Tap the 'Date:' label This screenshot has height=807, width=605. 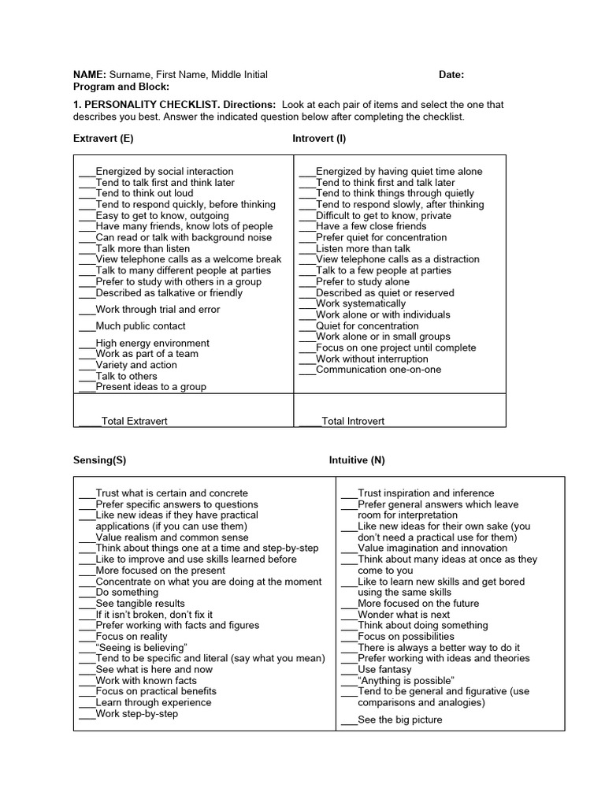(x=451, y=75)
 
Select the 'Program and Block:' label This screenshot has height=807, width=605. (x=121, y=87)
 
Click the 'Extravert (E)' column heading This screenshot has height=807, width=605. (x=103, y=138)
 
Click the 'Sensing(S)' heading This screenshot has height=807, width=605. (x=99, y=460)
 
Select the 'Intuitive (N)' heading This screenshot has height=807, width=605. (x=357, y=460)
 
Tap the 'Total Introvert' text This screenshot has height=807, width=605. (x=353, y=422)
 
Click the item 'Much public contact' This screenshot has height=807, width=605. (x=140, y=326)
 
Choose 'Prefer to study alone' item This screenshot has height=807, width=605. (x=362, y=281)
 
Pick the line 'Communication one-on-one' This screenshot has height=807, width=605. (x=378, y=370)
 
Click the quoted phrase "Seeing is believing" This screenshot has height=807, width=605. (x=141, y=648)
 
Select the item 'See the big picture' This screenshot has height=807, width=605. (x=399, y=720)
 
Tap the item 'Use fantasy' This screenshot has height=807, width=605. (x=384, y=669)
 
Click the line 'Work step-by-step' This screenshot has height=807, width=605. (x=136, y=714)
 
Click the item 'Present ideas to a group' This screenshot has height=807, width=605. (x=150, y=387)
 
